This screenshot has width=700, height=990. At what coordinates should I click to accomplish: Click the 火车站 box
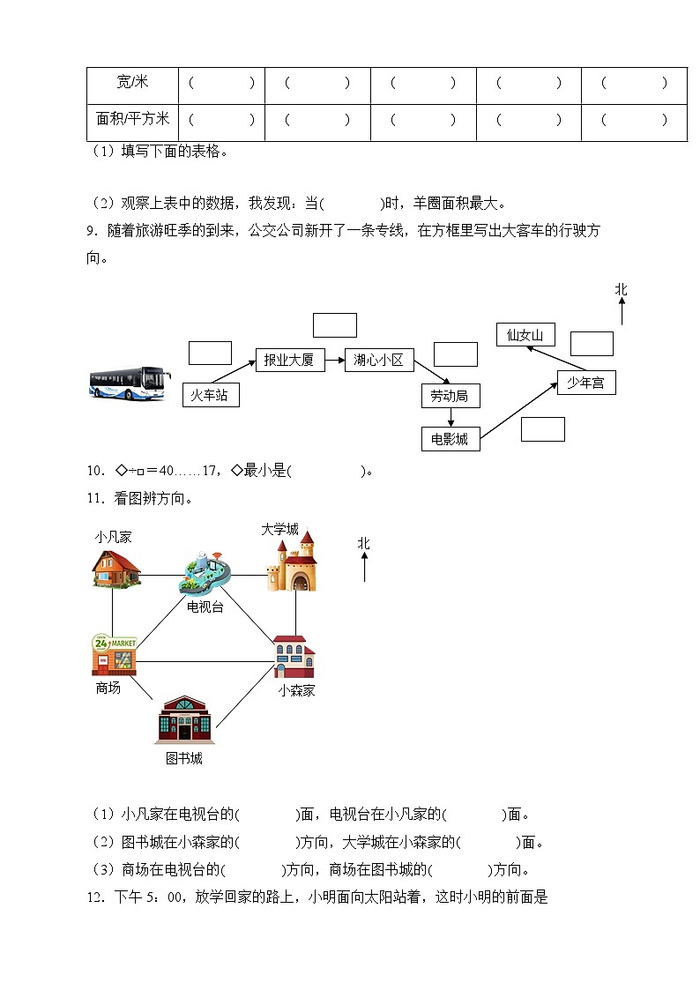point(211,395)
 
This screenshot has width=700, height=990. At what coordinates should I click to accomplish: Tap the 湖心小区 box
point(378,360)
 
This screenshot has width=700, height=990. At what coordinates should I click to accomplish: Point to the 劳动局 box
point(450,396)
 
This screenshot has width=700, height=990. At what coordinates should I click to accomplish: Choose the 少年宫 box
point(586,383)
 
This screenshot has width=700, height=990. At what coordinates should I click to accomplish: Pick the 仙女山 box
point(525,334)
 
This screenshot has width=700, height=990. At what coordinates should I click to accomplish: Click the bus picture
point(130,384)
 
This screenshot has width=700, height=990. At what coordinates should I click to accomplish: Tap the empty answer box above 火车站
point(210,353)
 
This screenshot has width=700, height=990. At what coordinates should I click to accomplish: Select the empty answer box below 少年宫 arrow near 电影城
point(542,428)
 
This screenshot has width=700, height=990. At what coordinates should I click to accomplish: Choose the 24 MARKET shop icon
point(114,654)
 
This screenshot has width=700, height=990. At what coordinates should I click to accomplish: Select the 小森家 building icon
point(294,657)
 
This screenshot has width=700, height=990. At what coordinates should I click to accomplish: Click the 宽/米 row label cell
point(132,84)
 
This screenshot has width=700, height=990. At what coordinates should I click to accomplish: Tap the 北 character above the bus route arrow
point(622,289)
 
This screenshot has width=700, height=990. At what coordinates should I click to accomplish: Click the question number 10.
point(96,471)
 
